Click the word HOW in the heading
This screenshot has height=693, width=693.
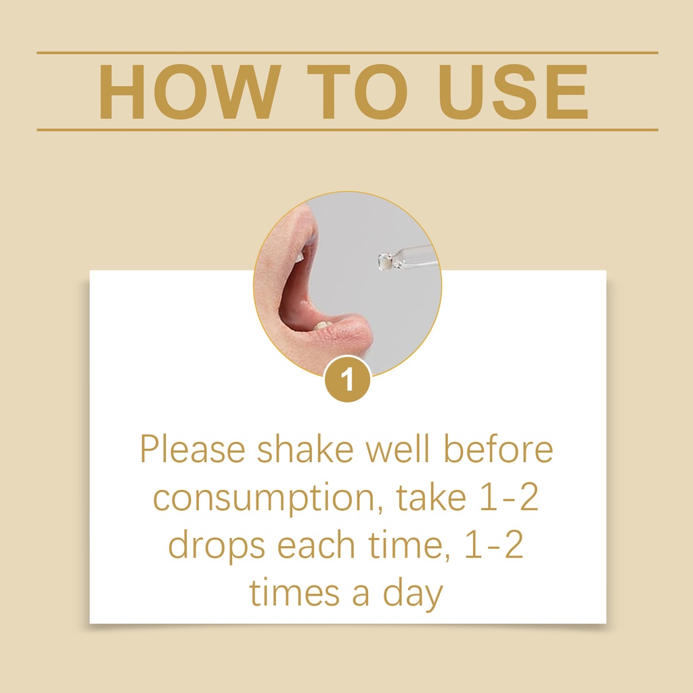[189, 91]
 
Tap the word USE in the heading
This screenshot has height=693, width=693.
[514, 91]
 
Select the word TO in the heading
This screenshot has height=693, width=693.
[357, 91]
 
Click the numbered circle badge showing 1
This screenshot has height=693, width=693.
[347, 379]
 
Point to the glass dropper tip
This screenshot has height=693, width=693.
[385, 261]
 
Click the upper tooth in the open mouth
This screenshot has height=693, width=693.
[300, 256]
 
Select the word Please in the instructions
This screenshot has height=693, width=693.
[193, 449]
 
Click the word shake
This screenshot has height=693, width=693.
[305, 449]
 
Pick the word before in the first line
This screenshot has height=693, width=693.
[498, 449]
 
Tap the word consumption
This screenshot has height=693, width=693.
[268, 499]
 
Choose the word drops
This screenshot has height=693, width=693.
[217, 546]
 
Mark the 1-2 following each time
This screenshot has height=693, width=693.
[494, 545]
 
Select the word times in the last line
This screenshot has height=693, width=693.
[294, 593]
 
